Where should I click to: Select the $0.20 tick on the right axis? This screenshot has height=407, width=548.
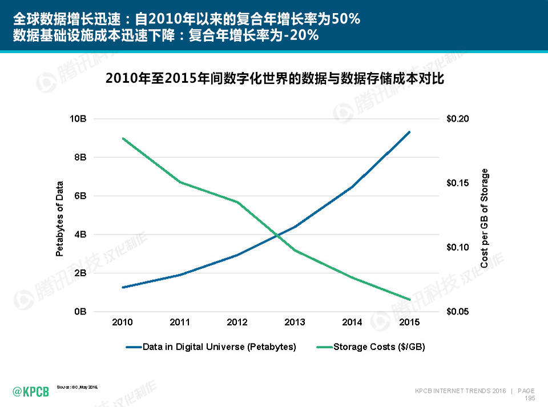tap(458, 119)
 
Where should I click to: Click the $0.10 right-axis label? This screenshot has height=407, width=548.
tap(458, 247)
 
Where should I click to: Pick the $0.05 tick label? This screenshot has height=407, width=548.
tap(458, 312)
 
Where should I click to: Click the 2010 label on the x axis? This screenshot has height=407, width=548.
tap(122, 323)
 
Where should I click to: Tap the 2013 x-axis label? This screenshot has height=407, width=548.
tap(295, 323)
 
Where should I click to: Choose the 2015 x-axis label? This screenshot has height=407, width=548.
tap(409, 323)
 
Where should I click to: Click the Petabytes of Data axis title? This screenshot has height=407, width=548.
tap(59, 219)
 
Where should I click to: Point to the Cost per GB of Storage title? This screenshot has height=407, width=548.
tap(485, 219)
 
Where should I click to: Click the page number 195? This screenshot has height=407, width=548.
tap(529, 398)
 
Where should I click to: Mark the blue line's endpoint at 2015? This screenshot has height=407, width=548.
tap(409, 132)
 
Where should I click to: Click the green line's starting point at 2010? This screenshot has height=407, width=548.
tap(122, 138)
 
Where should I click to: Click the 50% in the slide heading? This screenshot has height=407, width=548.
tap(345, 19)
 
